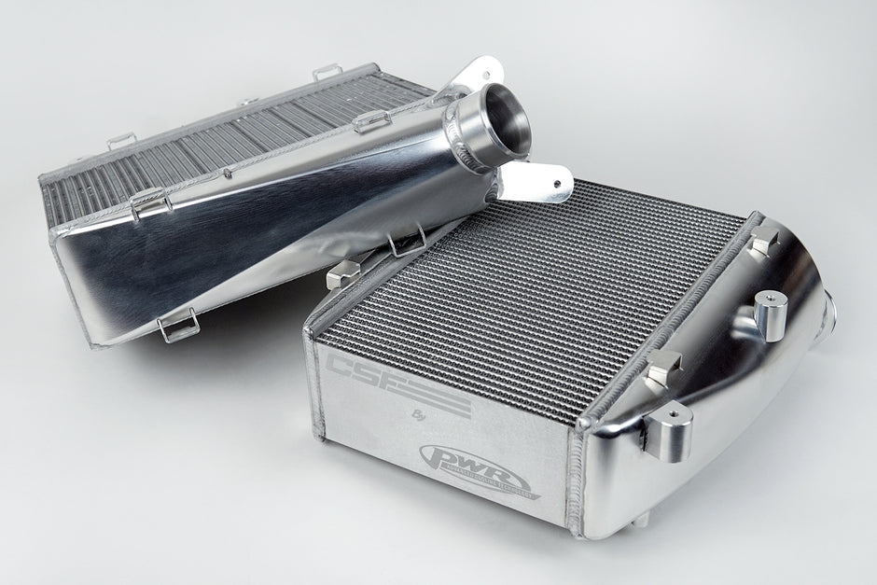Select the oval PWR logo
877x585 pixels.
click(x=474, y=465)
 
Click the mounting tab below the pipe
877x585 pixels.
click(x=542, y=182)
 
